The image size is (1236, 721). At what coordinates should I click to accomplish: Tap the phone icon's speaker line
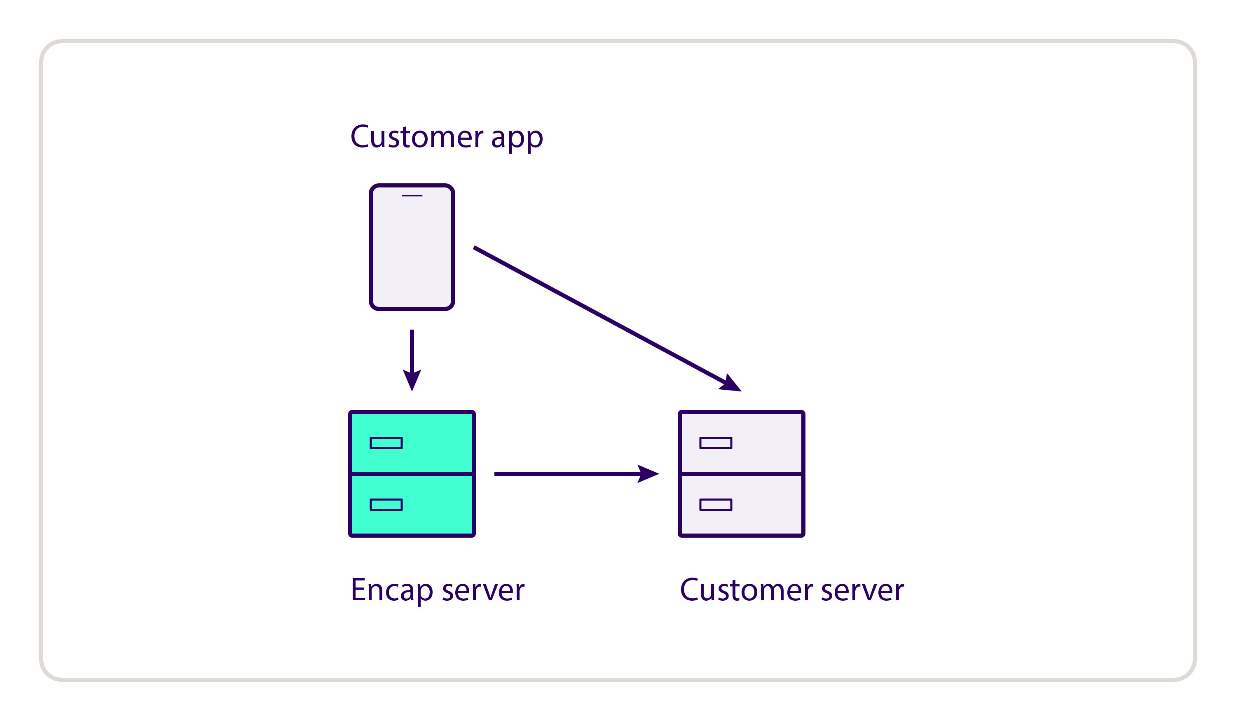(412, 196)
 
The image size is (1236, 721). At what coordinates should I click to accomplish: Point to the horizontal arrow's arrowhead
(647, 474)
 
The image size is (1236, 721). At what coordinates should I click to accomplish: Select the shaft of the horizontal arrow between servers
(564, 474)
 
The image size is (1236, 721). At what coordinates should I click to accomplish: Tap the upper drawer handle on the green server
(386, 443)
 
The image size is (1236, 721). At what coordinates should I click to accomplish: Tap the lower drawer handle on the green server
(386, 505)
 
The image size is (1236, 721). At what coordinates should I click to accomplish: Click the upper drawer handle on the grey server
(716, 443)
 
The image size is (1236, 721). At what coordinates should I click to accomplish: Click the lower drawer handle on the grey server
(716, 505)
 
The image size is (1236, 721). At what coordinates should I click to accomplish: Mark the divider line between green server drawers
(412, 474)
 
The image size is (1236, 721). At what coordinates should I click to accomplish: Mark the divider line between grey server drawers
(742, 474)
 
